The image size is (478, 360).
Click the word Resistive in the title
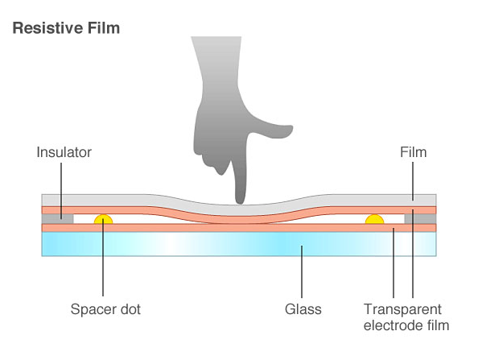[47, 28]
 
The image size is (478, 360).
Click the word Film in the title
[103, 28]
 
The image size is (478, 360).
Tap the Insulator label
[64, 152]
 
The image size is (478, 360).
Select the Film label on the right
[413, 152]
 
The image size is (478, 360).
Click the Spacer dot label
[105, 309]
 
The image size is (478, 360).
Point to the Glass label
[303, 309]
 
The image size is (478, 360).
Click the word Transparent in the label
[402, 309]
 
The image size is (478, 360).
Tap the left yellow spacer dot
[103, 219]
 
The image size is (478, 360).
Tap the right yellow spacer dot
[374, 219]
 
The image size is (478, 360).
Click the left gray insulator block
[57, 219]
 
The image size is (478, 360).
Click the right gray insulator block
[420, 219]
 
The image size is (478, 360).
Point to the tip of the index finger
[241, 203]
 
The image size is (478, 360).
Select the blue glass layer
[239, 244]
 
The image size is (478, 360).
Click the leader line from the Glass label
[302, 271]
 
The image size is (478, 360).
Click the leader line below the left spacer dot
[103, 257]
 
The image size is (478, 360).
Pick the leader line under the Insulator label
[61, 191]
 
